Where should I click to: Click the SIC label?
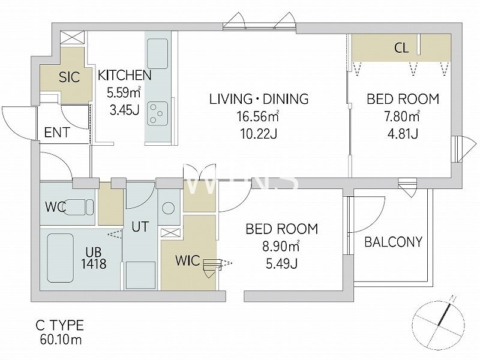(x=69, y=77)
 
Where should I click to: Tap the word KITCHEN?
(x=125, y=76)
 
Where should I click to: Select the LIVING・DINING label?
(x=259, y=99)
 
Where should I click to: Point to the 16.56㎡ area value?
(x=257, y=116)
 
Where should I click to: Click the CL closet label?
(x=401, y=48)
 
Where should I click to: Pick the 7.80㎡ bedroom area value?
(x=402, y=116)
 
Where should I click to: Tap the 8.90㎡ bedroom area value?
(x=281, y=246)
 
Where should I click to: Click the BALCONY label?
(x=394, y=242)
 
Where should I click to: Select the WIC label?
(x=188, y=260)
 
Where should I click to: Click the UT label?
(x=140, y=227)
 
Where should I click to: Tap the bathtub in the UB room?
(x=61, y=258)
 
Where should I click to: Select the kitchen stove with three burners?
(x=157, y=113)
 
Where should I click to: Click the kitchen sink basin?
(x=157, y=54)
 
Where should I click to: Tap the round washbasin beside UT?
(x=168, y=208)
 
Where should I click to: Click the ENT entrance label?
(x=57, y=133)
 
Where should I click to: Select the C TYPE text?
(x=59, y=325)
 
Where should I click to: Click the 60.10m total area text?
(x=61, y=340)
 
